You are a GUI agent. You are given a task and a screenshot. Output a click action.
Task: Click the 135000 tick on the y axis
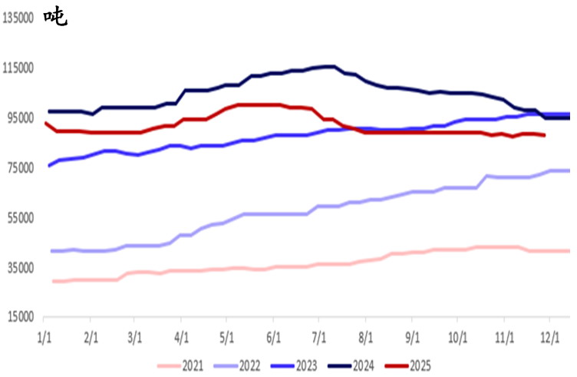coord(19,18)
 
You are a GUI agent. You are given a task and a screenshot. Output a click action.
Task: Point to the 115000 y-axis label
coord(19,68)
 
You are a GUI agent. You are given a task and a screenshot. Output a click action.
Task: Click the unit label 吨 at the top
coord(55,16)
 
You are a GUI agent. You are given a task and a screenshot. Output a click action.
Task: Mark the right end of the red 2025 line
coord(544,135)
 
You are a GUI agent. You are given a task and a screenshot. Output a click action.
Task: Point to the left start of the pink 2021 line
coord(53,281)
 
